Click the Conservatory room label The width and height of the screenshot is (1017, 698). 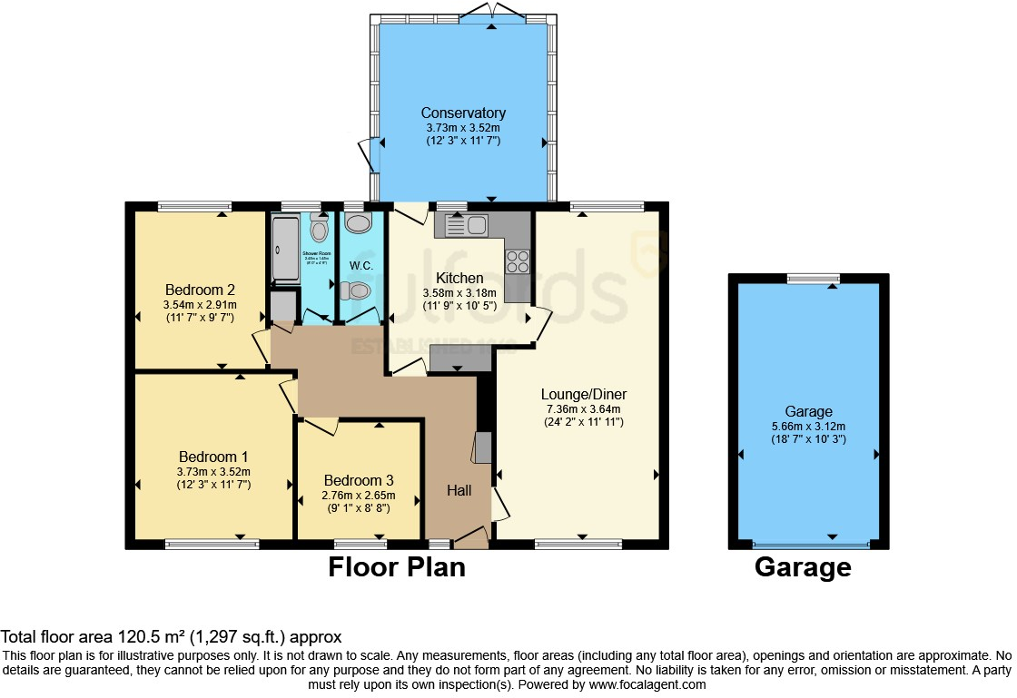(x=463, y=113)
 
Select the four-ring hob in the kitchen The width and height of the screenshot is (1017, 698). (x=517, y=261)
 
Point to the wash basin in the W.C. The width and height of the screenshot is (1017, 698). (x=359, y=223)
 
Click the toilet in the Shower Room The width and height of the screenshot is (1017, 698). (x=319, y=226)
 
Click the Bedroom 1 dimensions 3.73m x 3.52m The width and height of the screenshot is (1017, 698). (x=213, y=471)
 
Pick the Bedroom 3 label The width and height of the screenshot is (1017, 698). (x=359, y=480)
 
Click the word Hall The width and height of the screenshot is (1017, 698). (x=459, y=490)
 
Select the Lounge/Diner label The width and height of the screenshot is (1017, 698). (x=584, y=394)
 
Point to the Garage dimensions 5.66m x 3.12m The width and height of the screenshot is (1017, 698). (x=808, y=427)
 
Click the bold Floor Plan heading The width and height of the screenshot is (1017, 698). (x=396, y=567)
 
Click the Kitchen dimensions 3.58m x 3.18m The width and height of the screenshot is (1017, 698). (x=459, y=293)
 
